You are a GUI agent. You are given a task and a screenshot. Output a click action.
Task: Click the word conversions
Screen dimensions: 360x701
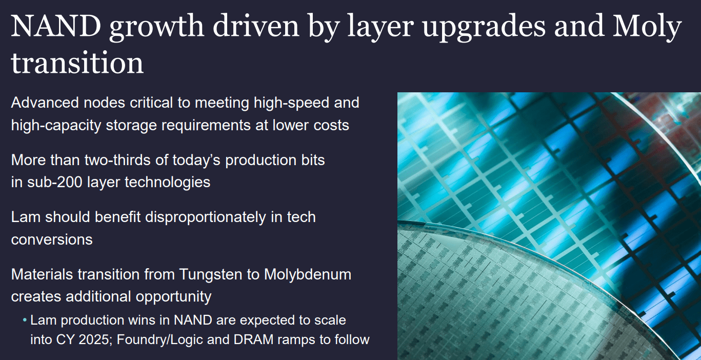52,239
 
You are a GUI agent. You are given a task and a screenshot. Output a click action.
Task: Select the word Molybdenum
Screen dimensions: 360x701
307,274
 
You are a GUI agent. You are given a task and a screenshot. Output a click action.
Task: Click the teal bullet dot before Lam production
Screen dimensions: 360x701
25,321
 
